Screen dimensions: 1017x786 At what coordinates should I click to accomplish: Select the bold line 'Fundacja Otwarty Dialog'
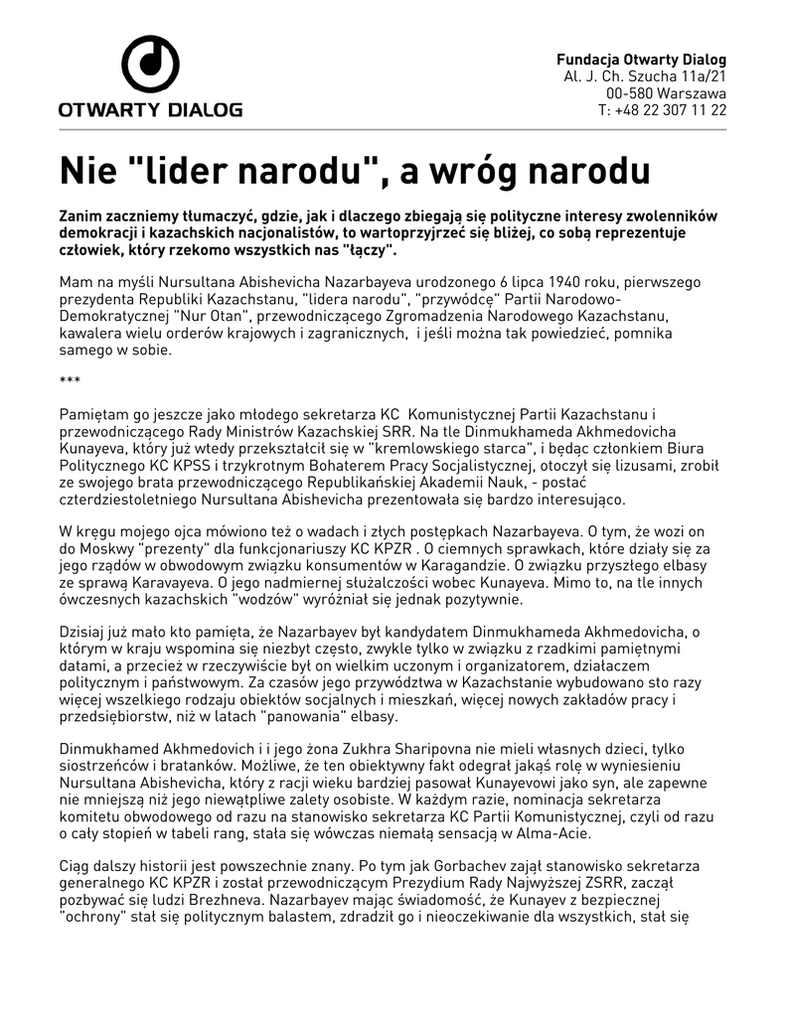641,60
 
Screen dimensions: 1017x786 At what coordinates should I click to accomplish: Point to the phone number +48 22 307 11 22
672,110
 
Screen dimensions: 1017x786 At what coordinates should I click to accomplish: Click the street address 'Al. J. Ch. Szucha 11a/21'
645,76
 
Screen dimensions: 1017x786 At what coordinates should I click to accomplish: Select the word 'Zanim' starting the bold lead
81,216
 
